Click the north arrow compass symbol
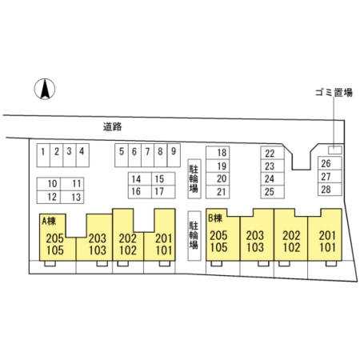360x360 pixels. (45, 89)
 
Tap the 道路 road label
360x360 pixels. (112, 126)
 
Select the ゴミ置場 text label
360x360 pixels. (334, 92)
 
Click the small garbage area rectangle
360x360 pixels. (335, 150)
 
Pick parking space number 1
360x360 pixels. (43, 155)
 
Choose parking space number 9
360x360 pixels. (174, 155)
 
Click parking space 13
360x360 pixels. (72, 198)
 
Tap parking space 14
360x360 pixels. (140, 178)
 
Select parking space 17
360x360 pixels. (163, 192)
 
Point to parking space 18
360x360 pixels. (218, 153)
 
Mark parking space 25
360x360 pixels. (272, 192)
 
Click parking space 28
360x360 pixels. (330, 190)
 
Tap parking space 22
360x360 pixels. (272, 153)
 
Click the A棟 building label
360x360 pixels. (49, 221)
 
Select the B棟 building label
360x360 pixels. (215, 218)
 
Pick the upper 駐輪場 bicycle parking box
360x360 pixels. (194, 179)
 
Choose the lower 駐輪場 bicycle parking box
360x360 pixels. (194, 236)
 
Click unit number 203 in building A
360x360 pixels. (98, 238)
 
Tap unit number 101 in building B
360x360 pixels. (327, 247)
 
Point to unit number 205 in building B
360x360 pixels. (218, 235)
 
